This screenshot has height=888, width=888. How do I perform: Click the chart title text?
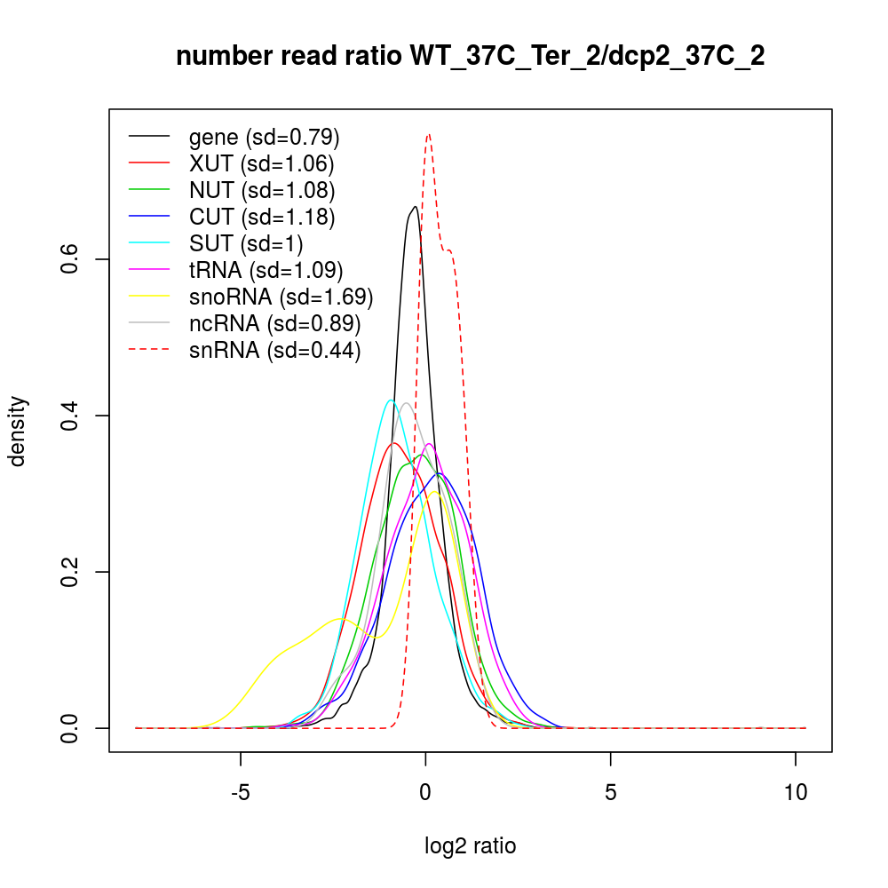[x=471, y=57]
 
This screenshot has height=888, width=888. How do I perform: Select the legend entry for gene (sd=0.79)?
[x=265, y=137]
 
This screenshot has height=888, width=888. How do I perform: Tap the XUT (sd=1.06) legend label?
[x=261, y=163]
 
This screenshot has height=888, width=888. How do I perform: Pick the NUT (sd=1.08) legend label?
[x=262, y=190]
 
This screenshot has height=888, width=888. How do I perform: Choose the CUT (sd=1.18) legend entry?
[x=262, y=217]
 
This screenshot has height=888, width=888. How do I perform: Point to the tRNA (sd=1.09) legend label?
[x=266, y=270]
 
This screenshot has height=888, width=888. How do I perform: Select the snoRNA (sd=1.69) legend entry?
[x=281, y=297]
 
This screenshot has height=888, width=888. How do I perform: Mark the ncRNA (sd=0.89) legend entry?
[x=274, y=323]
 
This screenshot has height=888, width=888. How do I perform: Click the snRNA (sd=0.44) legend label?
[x=274, y=350]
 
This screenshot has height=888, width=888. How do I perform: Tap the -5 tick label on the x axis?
[x=241, y=793]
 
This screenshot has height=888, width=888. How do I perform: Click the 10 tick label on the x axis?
[x=797, y=793]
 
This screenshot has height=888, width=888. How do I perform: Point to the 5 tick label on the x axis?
[x=611, y=793]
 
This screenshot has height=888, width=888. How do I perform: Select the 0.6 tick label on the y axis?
[x=72, y=259]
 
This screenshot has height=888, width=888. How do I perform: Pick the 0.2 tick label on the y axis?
[x=72, y=572]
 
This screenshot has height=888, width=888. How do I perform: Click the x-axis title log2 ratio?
[x=471, y=846]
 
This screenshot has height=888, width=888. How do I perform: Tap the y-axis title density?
[x=19, y=431]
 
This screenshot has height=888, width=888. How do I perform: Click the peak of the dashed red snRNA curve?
[x=429, y=134]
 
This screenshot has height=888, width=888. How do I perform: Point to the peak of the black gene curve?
[x=415, y=206]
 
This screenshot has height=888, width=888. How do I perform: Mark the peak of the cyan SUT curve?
[x=391, y=400]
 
